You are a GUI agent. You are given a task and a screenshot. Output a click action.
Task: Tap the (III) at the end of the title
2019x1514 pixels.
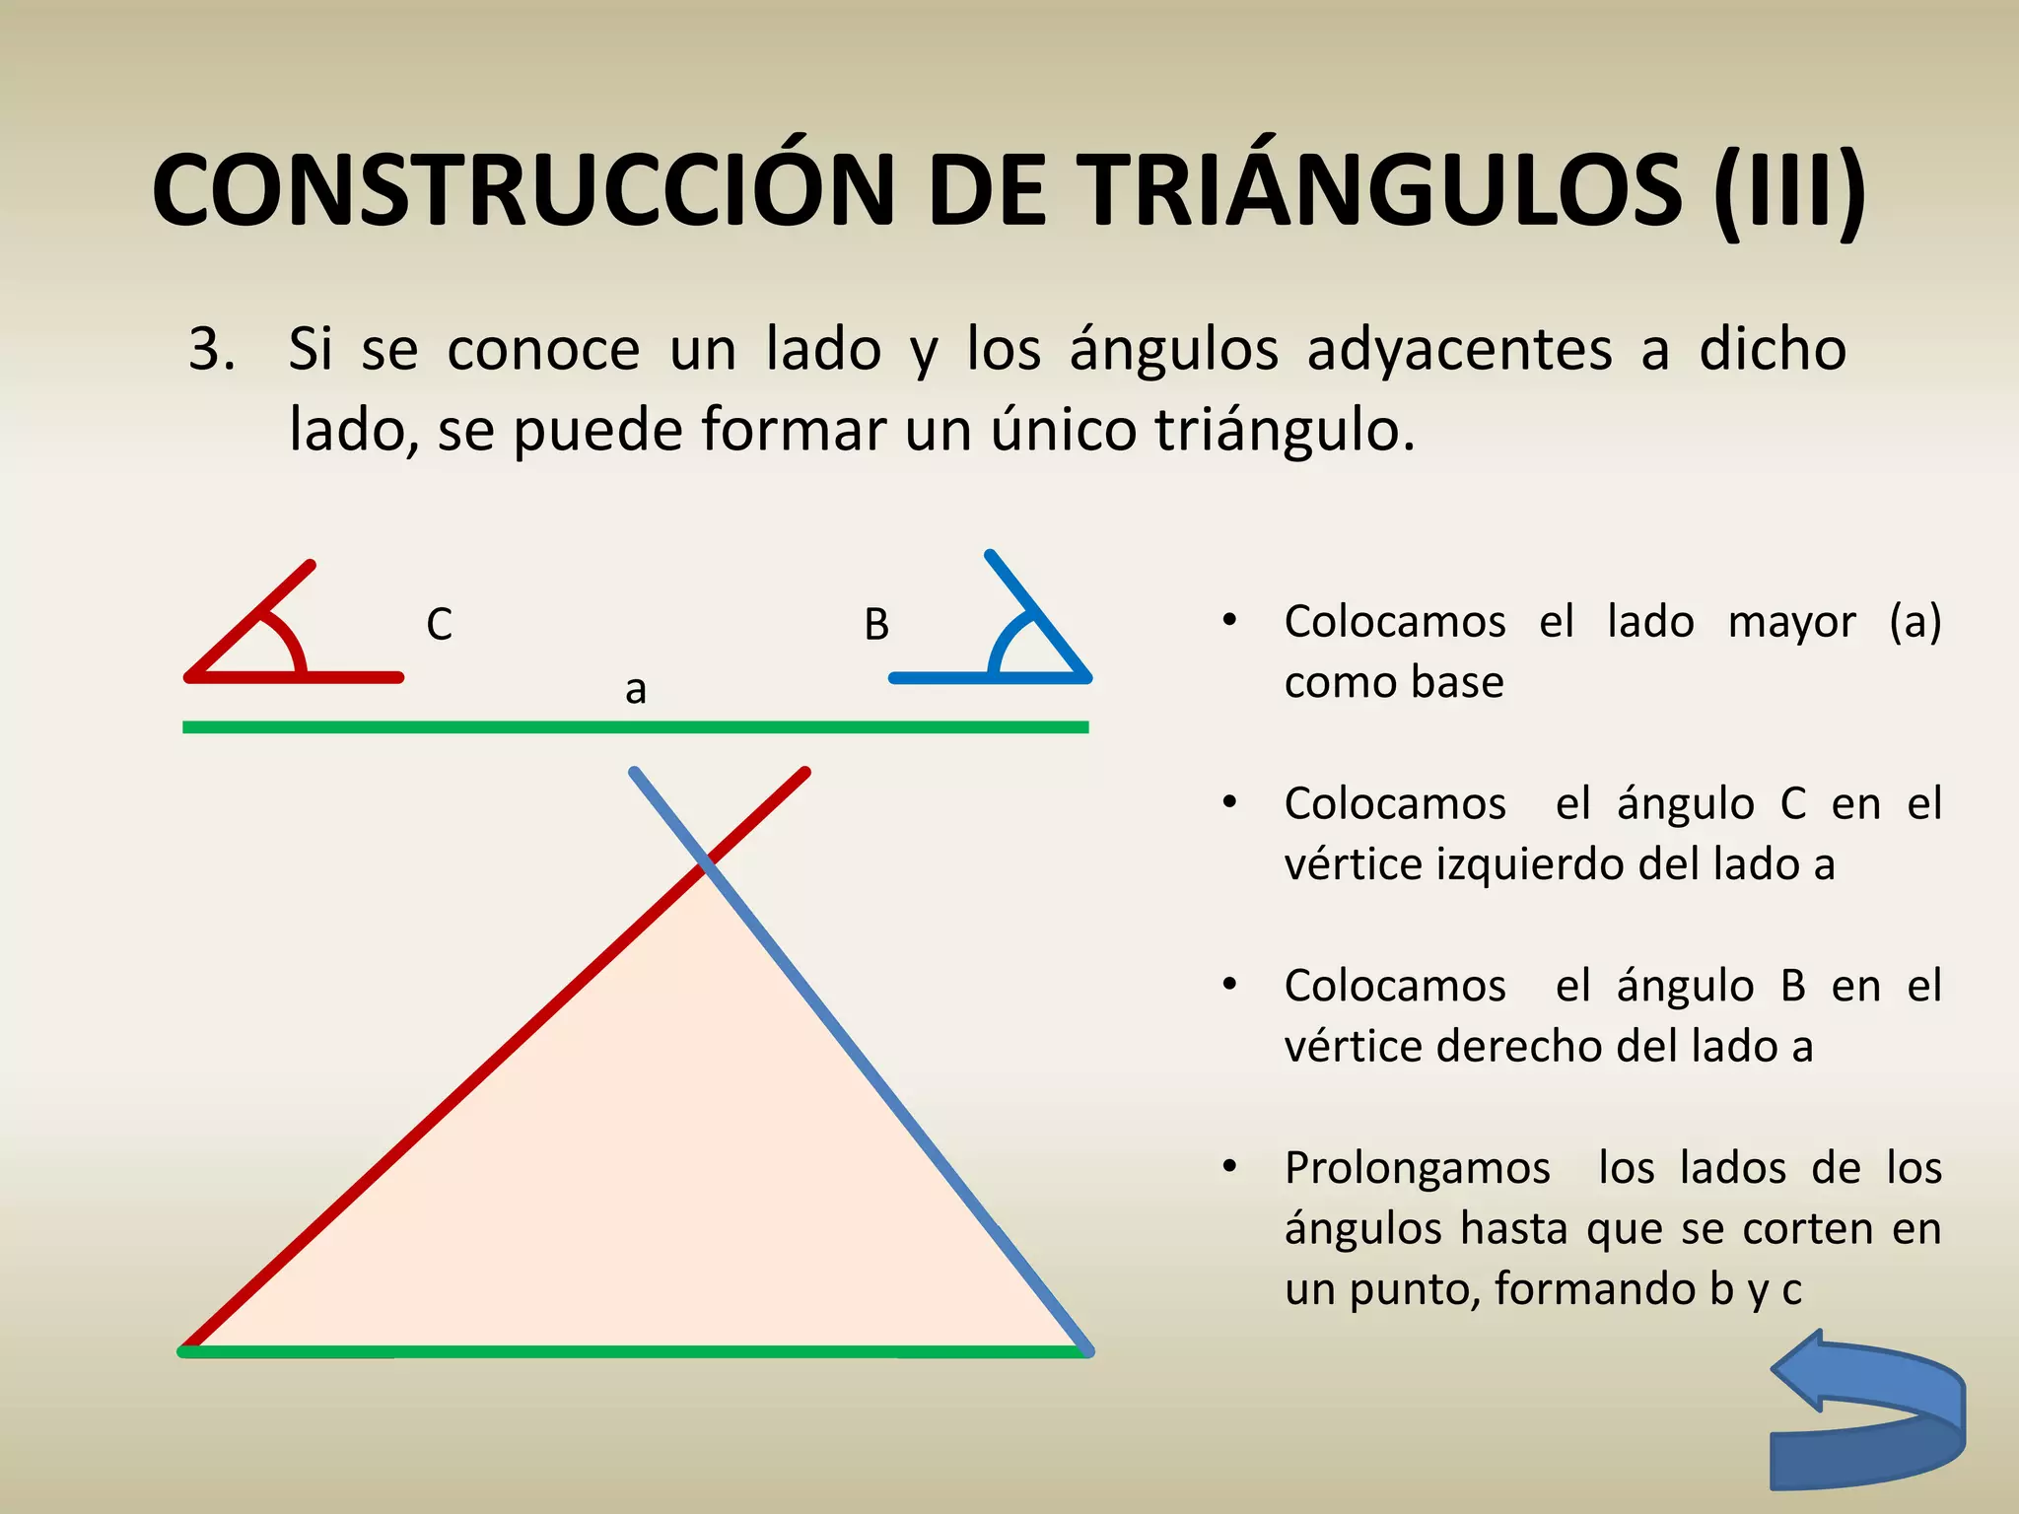tap(1788, 192)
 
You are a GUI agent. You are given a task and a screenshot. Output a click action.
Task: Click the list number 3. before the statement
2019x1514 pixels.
tap(212, 350)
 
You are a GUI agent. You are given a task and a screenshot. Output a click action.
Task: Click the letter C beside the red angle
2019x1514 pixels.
tap(439, 625)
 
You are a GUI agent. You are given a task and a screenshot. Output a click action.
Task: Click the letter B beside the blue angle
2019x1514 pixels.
tap(876, 625)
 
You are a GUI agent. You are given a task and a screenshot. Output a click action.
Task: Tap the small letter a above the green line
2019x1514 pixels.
tap(636, 689)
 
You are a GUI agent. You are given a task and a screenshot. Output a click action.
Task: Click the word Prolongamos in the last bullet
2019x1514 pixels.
tap(1418, 1169)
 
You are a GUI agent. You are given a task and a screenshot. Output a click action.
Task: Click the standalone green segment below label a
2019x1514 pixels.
tap(636, 727)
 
